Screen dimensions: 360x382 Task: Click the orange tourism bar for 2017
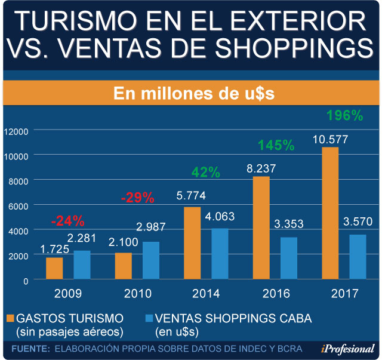[330, 213]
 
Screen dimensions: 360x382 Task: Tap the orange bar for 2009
[54, 268]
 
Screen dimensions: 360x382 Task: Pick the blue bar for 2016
[289, 258]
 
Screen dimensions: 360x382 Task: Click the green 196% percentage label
[345, 116]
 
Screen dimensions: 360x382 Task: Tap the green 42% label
[206, 173]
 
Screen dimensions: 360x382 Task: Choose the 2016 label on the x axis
[276, 293]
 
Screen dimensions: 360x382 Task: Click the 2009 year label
[68, 293]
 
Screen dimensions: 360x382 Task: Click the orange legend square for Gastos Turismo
[10, 316]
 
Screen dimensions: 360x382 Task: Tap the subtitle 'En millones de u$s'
[191, 94]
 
